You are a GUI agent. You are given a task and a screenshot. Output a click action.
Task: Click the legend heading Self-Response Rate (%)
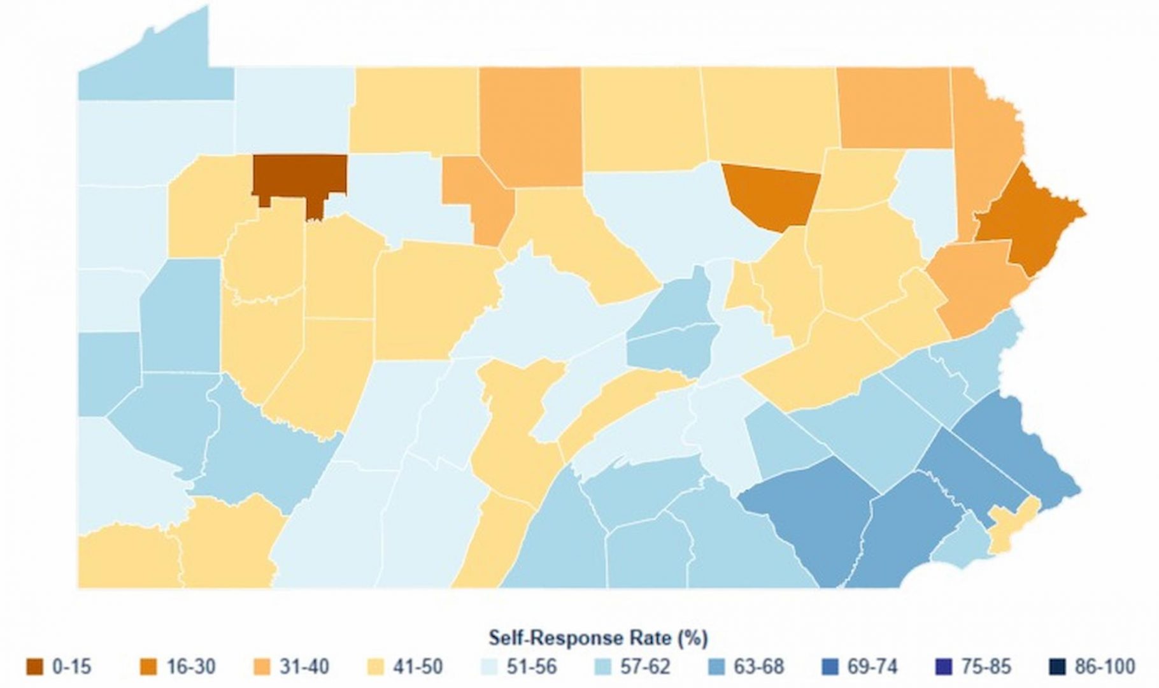[x=598, y=638]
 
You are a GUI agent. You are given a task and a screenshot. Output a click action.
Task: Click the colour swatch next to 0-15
[x=34, y=667]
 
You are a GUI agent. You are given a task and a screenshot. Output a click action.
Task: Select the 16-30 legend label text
[x=190, y=667]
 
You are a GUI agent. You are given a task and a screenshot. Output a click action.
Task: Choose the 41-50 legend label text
[x=418, y=667]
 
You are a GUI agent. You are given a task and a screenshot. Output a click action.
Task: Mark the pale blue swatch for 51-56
[x=489, y=667]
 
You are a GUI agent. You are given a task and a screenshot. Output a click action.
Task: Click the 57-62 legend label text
[x=645, y=667]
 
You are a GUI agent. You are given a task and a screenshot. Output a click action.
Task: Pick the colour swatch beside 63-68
[x=716, y=667]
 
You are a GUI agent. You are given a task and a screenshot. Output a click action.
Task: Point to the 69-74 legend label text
[x=872, y=667]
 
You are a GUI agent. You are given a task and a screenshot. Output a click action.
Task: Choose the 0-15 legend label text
[x=71, y=667]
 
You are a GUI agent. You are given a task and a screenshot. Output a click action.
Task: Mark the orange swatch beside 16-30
[x=148, y=667]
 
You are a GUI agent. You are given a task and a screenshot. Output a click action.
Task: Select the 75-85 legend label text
[x=986, y=667]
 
